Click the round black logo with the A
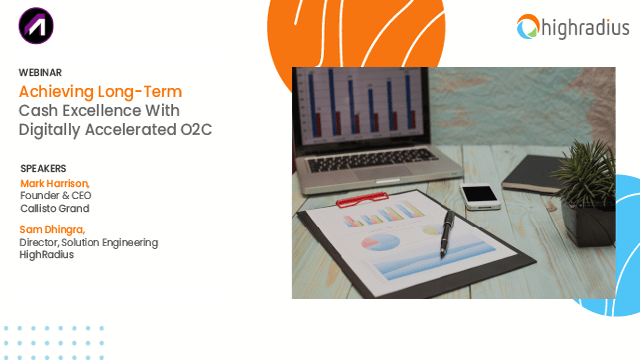pyautogui.click(x=36, y=25)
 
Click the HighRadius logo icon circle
pyautogui.click(x=529, y=27)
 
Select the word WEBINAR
pyautogui.click(x=40, y=72)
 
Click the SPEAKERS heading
pyautogui.click(x=43, y=168)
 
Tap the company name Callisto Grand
pyautogui.click(x=55, y=209)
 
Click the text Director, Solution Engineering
pyautogui.click(x=89, y=242)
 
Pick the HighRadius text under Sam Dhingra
pyautogui.click(x=47, y=255)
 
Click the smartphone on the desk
pyautogui.click(x=481, y=192)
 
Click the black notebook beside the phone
pyautogui.click(x=535, y=176)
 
